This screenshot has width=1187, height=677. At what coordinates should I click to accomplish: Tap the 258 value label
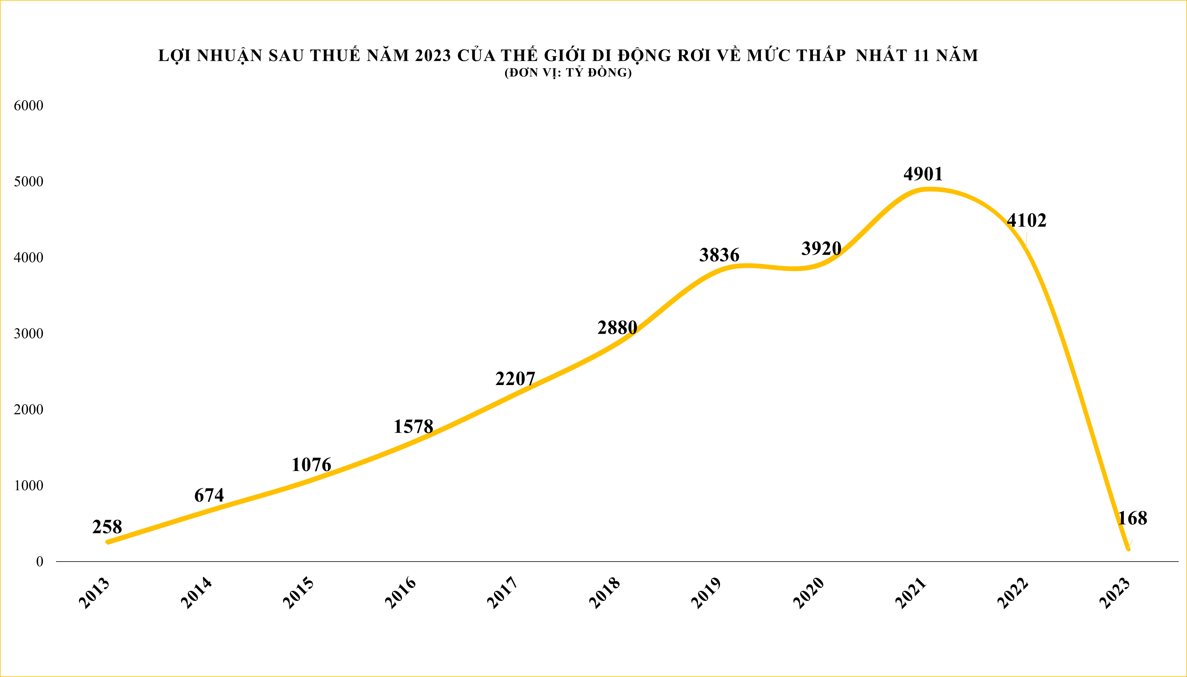point(107,527)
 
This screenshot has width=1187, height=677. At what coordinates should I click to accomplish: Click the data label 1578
point(413,426)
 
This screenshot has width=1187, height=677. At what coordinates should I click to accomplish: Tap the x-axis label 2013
point(94,593)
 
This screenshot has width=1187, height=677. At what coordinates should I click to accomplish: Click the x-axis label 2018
point(604,593)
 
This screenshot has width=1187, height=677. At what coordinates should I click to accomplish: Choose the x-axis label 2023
point(1115,593)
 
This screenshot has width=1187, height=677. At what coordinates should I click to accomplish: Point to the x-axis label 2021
point(910,593)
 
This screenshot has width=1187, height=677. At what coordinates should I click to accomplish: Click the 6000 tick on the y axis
point(28,106)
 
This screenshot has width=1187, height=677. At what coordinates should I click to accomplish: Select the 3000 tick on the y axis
point(28,333)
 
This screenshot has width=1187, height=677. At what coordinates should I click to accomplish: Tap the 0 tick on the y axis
point(40,562)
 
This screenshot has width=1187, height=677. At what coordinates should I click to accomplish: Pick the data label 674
point(209,495)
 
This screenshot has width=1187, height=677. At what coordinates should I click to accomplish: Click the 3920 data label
point(821,248)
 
